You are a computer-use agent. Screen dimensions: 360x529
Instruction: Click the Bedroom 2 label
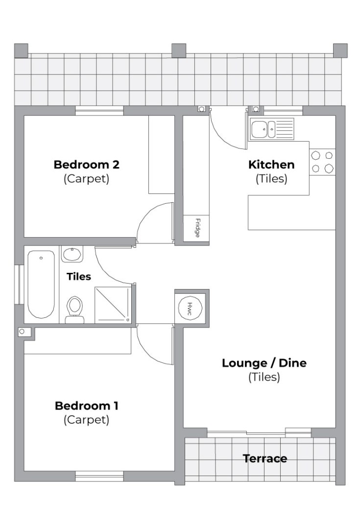click(86, 165)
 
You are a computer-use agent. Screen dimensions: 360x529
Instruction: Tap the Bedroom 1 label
click(86, 406)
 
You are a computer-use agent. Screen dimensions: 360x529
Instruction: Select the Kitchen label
click(271, 165)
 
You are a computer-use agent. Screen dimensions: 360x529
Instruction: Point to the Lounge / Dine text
click(264, 363)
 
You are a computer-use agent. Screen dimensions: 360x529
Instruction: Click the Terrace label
click(265, 458)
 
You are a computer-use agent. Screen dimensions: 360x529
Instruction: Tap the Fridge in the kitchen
click(196, 228)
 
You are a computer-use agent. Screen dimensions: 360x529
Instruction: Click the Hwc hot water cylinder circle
click(190, 307)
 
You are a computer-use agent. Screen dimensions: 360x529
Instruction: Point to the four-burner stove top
click(322, 162)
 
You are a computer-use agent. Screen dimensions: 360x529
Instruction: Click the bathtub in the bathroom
click(41, 284)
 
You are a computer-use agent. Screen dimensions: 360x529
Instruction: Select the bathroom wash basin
click(72, 254)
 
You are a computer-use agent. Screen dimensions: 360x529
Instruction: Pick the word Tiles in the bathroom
click(79, 277)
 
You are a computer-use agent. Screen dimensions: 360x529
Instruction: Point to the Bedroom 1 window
click(99, 476)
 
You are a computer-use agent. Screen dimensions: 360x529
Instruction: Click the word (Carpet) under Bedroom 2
click(86, 178)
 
